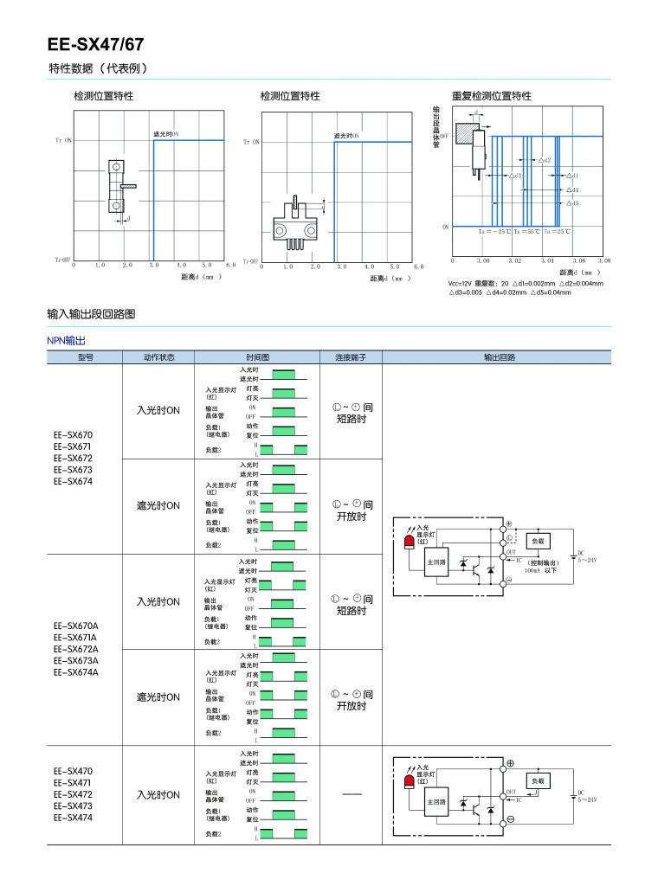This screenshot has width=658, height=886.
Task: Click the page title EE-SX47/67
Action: tap(95, 44)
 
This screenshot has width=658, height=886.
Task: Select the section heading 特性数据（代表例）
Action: tap(99, 68)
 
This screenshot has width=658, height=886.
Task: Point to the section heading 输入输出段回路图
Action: tap(91, 313)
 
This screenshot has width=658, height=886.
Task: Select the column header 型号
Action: tap(85, 356)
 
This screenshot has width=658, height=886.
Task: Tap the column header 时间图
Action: tap(257, 356)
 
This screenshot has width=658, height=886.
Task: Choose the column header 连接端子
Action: tap(351, 356)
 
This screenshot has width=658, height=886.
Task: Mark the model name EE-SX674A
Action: tap(76, 671)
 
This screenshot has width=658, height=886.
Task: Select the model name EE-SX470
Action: tap(73, 771)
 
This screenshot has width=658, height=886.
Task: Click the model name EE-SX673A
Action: tap(76, 660)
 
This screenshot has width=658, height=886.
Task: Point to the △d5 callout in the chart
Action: tap(572, 203)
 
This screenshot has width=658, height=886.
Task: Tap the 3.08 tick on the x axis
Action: tap(603, 260)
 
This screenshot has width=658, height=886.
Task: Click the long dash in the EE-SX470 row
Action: tap(352, 794)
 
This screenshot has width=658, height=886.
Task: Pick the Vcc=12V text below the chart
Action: tap(465, 283)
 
